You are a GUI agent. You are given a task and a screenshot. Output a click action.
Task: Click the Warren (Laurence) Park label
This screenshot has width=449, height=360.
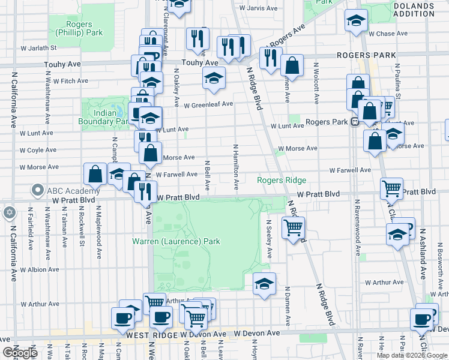pos(176,242)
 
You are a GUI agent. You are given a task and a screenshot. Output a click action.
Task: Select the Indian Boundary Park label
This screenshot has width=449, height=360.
pos(104,117)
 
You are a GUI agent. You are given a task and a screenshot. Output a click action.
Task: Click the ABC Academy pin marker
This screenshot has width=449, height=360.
pos(37,191)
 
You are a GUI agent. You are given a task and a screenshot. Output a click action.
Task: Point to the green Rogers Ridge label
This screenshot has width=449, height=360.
pos(282,180)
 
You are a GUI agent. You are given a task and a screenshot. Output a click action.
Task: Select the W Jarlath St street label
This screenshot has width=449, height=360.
pos(38,47)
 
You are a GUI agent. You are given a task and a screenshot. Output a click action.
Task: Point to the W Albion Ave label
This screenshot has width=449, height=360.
pos(39,270)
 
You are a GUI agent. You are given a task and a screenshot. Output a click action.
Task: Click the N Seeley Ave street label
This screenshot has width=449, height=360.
pos(269,239)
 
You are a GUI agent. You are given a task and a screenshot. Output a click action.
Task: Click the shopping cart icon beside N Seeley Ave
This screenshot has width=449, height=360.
pos(294,228)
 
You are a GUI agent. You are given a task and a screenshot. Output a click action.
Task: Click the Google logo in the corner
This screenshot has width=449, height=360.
pos(19,352)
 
